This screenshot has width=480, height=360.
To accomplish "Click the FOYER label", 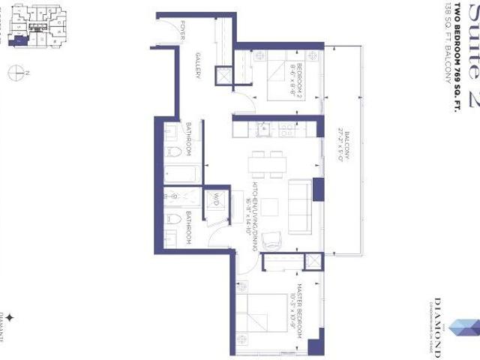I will point(184,31).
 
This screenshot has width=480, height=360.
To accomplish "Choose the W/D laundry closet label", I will point(214,200).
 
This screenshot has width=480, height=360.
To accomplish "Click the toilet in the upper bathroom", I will point(173,153).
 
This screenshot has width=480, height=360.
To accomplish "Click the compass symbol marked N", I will point(16,72).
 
